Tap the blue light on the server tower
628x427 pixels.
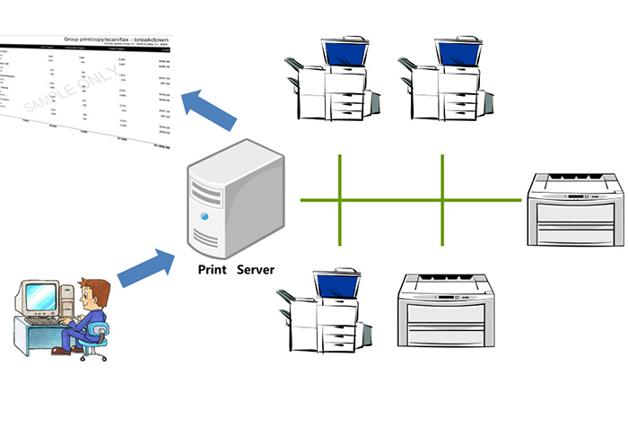[204, 216]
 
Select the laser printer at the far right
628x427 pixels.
[574, 210]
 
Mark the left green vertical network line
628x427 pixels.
[341, 199]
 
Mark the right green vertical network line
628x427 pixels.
[442, 199]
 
